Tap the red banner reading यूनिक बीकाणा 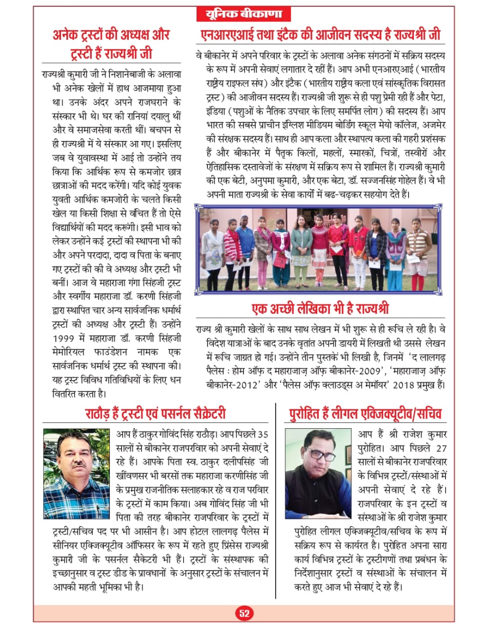[x=244, y=14]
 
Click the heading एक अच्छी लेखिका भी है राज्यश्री [x=320, y=309]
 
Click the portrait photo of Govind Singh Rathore [x=77, y=473]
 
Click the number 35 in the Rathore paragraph [x=263, y=435]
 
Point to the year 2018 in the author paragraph [x=409, y=385]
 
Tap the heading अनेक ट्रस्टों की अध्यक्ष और [x=111, y=35]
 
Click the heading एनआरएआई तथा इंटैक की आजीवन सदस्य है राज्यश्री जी [x=320, y=35]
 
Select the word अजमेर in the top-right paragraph [x=430, y=125]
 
